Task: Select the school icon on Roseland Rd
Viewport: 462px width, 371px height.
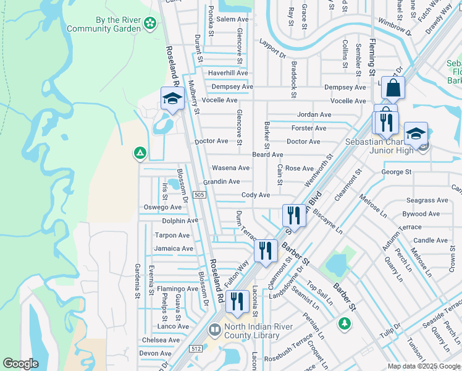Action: [x=172, y=98]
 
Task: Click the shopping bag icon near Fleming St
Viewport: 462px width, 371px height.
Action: [x=392, y=89]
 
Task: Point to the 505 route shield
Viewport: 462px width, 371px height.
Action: [x=199, y=195]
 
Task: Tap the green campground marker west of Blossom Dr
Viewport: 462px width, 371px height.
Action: [x=140, y=153]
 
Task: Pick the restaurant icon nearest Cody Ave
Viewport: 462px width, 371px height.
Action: [x=293, y=216]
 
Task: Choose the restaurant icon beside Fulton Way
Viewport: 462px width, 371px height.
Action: [x=266, y=251]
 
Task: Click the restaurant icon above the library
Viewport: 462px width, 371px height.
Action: [x=237, y=302]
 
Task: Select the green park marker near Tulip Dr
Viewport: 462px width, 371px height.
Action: [x=344, y=323]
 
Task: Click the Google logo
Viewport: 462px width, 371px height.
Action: [x=20, y=364]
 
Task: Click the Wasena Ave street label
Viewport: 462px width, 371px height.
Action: [x=230, y=168]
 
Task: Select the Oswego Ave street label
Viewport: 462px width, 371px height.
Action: [x=162, y=207]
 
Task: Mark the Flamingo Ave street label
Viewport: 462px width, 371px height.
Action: [x=177, y=289]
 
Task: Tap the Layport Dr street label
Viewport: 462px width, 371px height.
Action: [x=272, y=49]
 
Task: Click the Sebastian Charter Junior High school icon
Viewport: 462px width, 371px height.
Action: [x=416, y=134]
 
